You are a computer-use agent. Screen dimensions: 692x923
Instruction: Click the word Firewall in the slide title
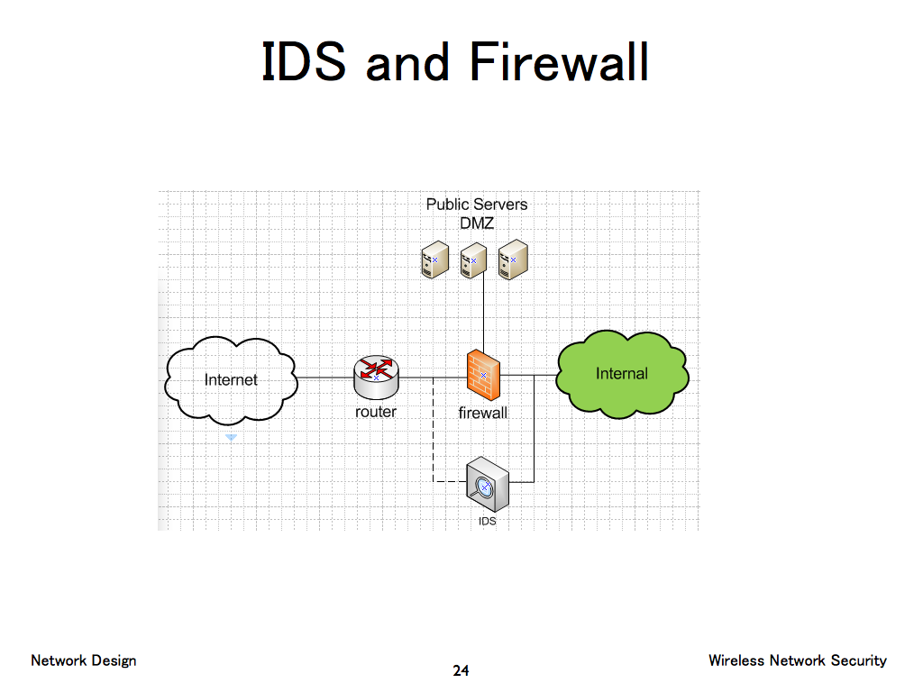point(559,63)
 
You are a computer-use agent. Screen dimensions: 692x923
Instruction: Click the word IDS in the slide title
point(304,63)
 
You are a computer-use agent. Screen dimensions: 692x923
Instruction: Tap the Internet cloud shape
point(231,380)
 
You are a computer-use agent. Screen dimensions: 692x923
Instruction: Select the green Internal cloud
point(622,374)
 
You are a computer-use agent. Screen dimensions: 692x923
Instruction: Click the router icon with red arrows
point(376,376)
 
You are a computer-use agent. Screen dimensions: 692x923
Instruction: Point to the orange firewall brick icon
point(483,375)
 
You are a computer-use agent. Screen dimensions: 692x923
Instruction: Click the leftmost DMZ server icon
point(434,259)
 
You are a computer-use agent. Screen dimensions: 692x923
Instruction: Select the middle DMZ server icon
point(473,259)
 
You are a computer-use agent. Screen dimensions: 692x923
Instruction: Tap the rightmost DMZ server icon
point(513,259)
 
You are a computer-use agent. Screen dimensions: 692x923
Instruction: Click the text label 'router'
point(376,412)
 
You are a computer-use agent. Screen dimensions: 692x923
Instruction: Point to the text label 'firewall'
point(483,414)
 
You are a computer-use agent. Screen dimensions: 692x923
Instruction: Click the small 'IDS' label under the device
point(487,521)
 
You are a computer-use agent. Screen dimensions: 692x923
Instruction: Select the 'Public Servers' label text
point(477,205)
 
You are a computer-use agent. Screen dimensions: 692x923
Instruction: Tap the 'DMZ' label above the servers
point(477,223)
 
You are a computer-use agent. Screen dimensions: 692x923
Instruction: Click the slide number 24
point(461,670)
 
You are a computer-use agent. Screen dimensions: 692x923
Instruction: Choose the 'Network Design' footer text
point(84,660)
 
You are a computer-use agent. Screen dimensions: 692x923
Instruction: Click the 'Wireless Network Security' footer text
point(797,660)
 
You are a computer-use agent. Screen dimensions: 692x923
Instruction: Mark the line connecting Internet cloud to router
point(324,378)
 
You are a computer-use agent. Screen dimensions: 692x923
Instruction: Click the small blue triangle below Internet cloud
point(231,437)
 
